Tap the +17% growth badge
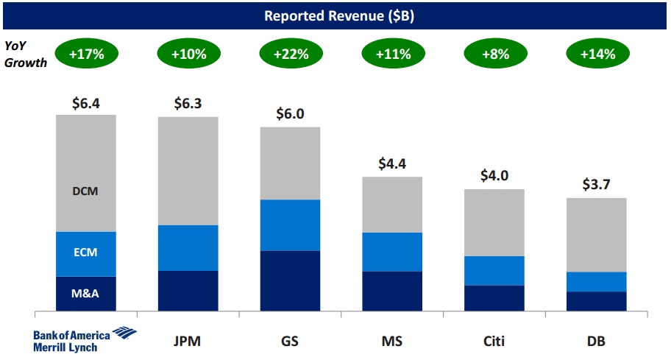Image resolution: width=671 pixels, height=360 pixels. [85, 54]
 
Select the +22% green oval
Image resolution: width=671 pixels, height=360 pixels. [290, 54]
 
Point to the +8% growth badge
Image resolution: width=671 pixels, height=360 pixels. [494, 54]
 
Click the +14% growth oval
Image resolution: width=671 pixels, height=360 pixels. [596, 54]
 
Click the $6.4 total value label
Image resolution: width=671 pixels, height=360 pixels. [85, 104]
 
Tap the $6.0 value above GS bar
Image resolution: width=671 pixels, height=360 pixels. [290, 115]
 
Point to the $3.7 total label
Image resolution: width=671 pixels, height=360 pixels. [596, 186]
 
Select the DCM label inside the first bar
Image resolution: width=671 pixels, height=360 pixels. [85, 191]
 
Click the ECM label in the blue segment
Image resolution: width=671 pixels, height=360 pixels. [85, 253]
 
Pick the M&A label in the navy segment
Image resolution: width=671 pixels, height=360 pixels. [85, 294]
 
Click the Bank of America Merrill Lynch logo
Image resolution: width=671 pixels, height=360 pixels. [84, 340]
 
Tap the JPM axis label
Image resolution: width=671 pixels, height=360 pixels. [187, 341]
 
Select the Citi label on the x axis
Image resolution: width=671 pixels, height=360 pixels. [494, 341]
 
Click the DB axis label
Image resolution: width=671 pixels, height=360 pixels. [596, 341]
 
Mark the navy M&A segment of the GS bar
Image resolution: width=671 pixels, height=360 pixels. [290, 280]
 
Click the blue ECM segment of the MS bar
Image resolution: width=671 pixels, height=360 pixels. [392, 252]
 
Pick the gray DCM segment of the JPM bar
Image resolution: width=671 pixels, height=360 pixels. [187, 171]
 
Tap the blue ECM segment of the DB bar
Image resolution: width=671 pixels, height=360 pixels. [596, 281]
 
